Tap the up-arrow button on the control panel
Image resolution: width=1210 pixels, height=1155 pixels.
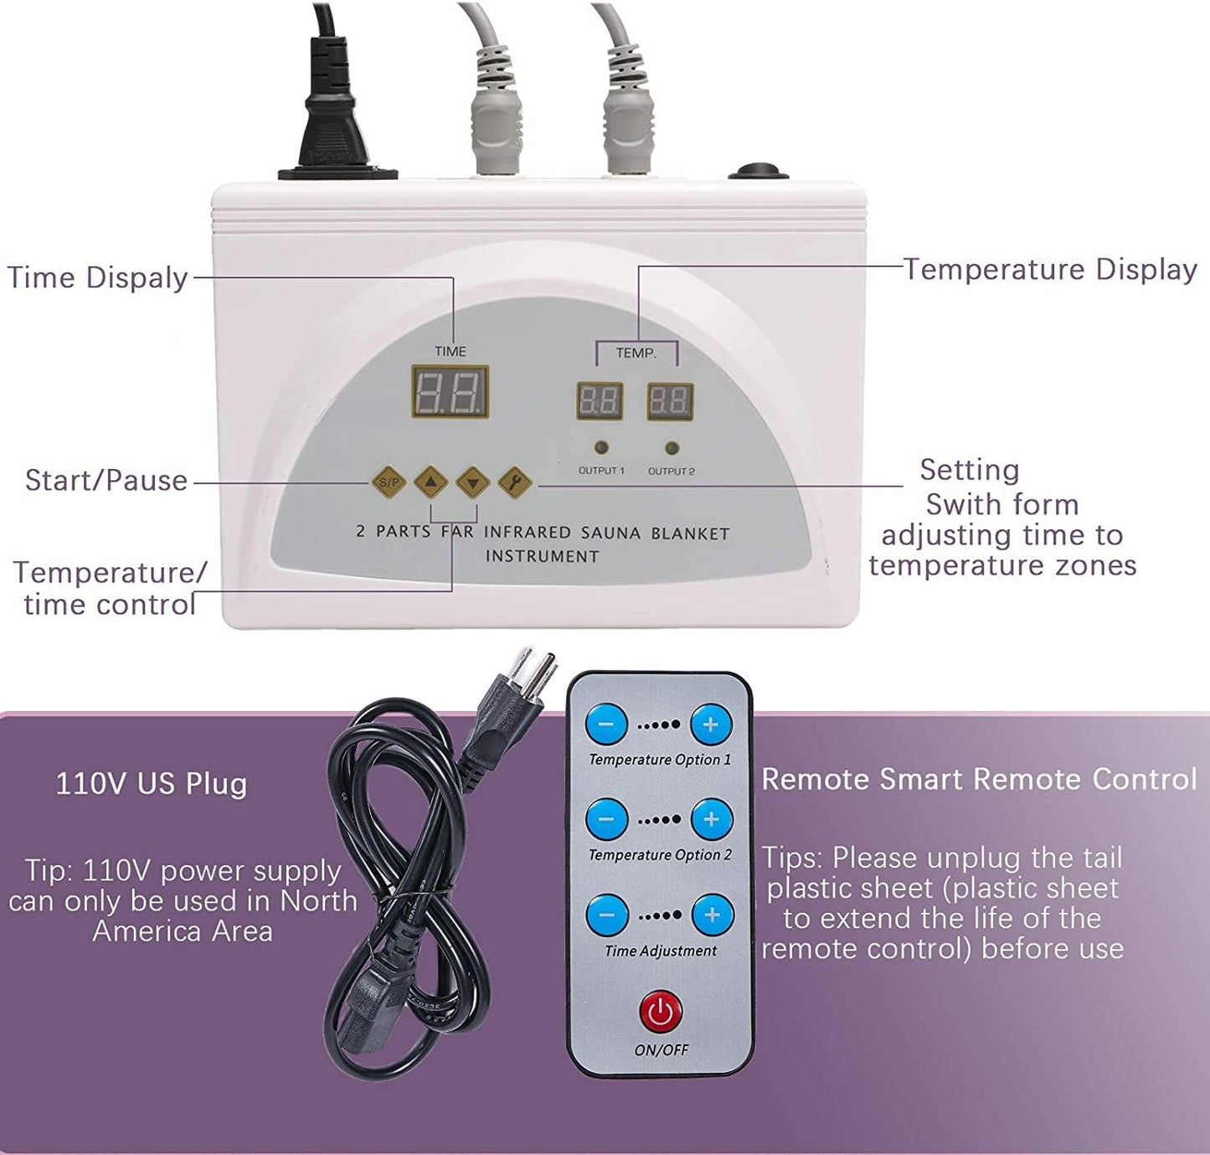(x=430, y=482)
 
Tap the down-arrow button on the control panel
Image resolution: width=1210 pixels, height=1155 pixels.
(x=473, y=482)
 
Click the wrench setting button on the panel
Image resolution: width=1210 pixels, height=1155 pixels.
(x=514, y=482)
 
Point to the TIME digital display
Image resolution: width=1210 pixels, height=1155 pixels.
(x=451, y=392)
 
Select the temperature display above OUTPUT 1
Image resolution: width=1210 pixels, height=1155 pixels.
(x=600, y=400)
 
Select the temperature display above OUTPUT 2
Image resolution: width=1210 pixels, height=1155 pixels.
(x=670, y=400)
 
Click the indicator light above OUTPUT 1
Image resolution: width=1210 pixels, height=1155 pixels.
(x=601, y=447)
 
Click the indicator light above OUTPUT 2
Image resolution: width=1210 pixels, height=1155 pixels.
(x=672, y=447)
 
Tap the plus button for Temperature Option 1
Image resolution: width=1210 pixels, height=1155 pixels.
(x=711, y=724)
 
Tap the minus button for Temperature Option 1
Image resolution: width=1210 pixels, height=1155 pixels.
(x=607, y=724)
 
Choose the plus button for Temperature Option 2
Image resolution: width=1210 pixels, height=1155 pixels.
(x=712, y=818)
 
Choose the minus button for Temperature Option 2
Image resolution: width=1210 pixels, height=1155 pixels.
(x=607, y=818)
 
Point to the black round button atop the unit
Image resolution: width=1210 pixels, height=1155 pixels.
(x=759, y=171)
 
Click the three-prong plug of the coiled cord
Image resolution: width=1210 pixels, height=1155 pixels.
(x=515, y=699)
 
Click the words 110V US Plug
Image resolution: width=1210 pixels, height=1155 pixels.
(x=152, y=784)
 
